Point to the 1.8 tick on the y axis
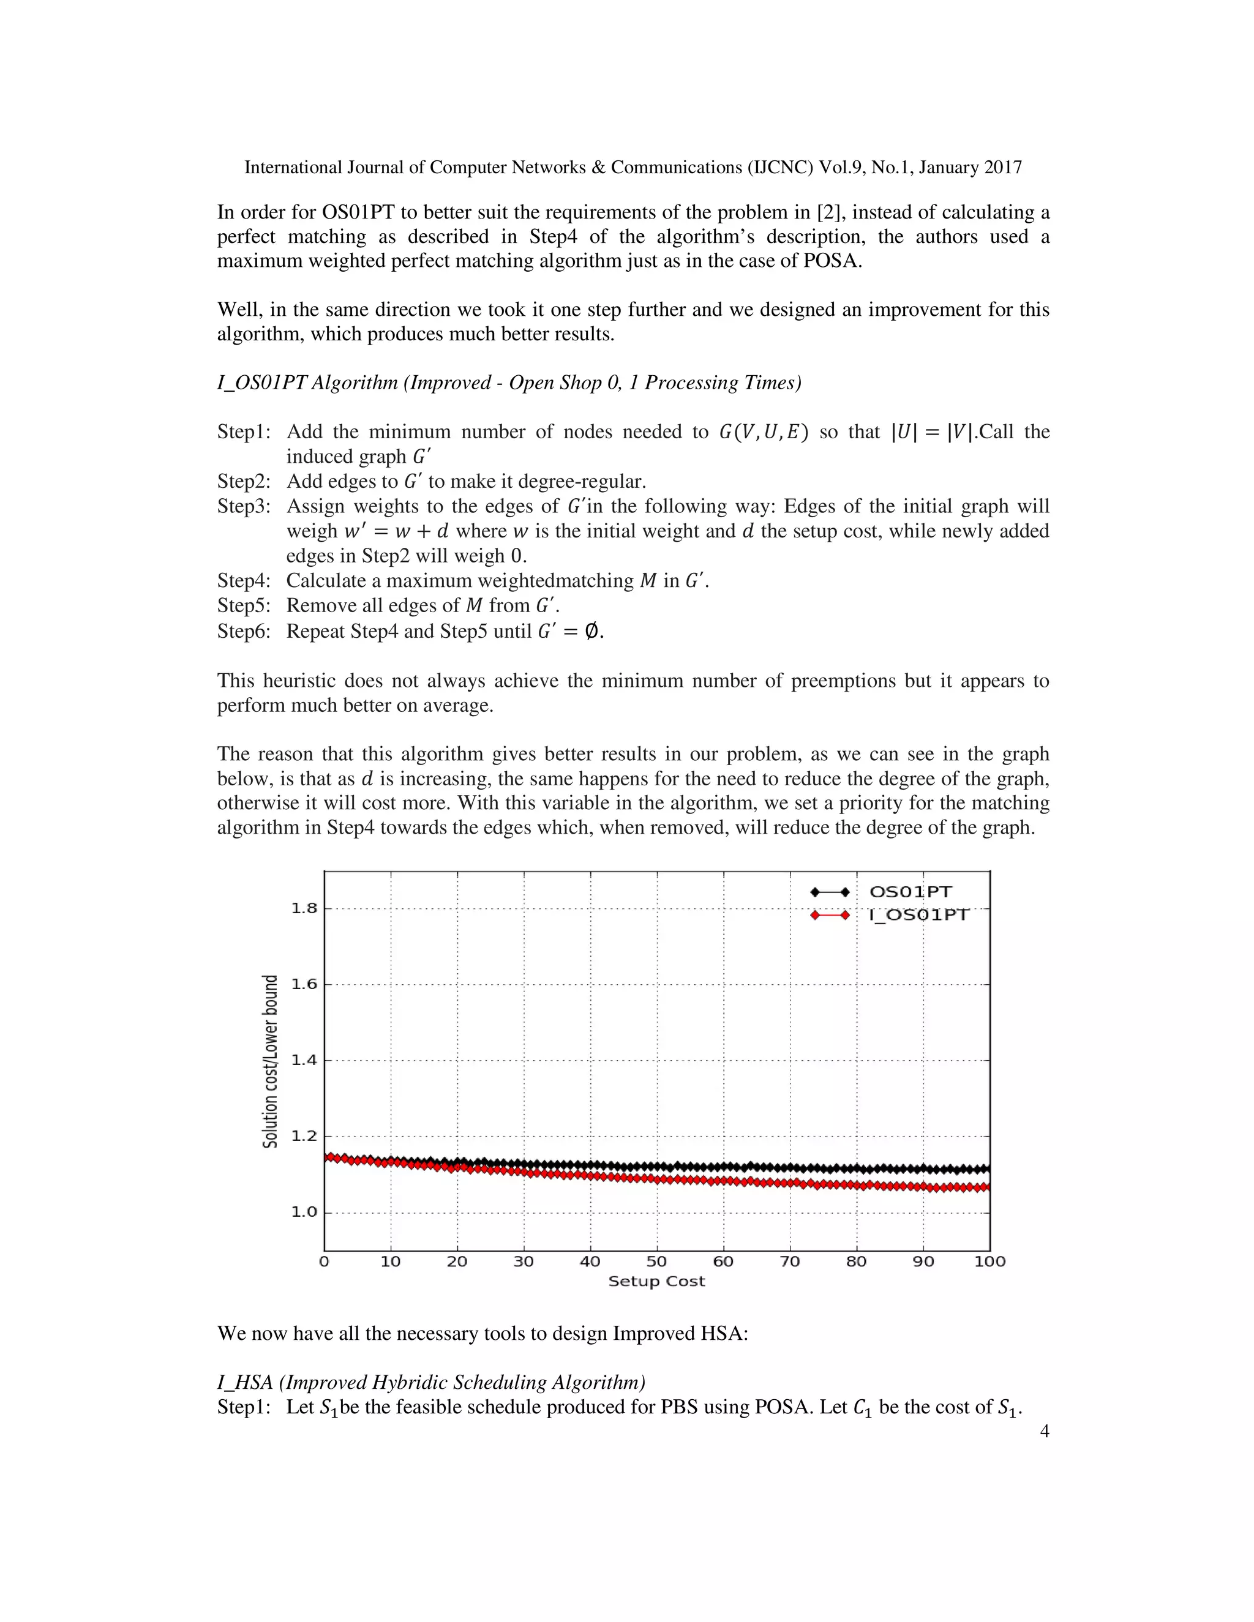click(x=303, y=908)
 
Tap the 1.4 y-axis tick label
click(x=303, y=1060)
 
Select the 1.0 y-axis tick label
click(x=303, y=1212)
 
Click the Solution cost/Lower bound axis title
click(x=271, y=1061)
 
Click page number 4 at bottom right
click(x=1044, y=1431)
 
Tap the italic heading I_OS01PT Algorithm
click(x=508, y=383)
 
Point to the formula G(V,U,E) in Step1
click(x=763, y=432)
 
